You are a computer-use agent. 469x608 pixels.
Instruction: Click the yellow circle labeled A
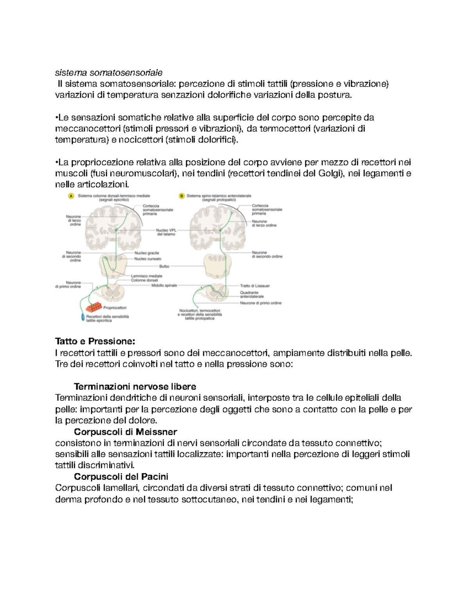pyautogui.click(x=71, y=196)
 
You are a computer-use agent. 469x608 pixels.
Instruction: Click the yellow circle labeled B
pyautogui.click(x=181, y=196)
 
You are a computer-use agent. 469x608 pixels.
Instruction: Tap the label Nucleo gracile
pyautogui.click(x=147, y=253)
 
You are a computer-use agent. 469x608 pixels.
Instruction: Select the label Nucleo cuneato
pyautogui.click(x=148, y=259)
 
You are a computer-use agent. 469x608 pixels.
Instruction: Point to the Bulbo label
pyautogui.click(x=164, y=266)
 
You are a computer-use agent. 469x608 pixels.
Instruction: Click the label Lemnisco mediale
pyautogui.click(x=147, y=276)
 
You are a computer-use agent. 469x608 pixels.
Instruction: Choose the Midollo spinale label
pyautogui.click(x=164, y=285)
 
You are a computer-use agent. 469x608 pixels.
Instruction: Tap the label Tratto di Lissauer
pyautogui.click(x=255, y=286)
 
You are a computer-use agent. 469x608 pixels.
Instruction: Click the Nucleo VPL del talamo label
pyautogui.click(x=166, y=232)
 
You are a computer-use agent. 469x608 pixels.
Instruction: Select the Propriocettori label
pyautogui.click(x=115, y=308)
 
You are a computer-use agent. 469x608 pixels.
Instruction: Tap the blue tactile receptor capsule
pyautogui.click(x=83, y=318)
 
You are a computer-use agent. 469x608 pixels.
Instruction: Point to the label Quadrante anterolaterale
pyautogui.click(x=252, y=294)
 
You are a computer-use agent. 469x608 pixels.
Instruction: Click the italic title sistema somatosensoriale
pyautogui.click(x=108, y=72)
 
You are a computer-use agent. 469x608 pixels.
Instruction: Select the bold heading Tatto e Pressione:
pyautogui.click(x=95, y=341)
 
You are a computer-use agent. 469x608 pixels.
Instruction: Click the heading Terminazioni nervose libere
pyautogui.click(x=135, y=386)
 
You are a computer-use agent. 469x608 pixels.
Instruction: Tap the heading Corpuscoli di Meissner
pyautogui.click(x=125, y=432)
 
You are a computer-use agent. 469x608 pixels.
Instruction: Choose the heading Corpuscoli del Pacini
pyautogui.click(x=121, y=476)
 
